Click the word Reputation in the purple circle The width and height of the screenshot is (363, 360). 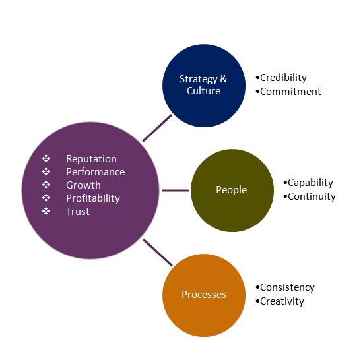click(91, 159)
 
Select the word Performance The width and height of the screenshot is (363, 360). click(96, 172)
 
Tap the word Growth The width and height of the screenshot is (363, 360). click(83, 185)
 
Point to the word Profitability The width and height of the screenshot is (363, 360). click(93, 198)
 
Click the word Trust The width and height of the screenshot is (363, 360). click(78, 212)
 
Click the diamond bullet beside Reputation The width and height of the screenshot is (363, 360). click(46, 158)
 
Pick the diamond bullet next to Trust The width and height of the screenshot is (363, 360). click(46, 211)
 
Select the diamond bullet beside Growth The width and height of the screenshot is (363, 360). click(46, 185)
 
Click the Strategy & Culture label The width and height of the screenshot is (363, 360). click(203, 85)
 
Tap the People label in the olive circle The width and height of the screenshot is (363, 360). click(231, 190)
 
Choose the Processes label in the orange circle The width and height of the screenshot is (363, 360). click(204, 295)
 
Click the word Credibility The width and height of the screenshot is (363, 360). click(283, 78)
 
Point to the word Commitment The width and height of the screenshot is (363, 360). click(290, 92)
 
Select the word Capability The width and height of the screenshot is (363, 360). click(310, 183)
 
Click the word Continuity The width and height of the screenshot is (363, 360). click(312, 196)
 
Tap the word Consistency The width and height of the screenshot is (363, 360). click(287, 287)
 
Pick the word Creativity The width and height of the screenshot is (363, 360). click(282, 301)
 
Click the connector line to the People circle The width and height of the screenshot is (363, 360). click(176, 191)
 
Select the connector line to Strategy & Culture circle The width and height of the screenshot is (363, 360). click(158, 128)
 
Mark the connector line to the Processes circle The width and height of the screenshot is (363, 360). click(158, 253)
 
